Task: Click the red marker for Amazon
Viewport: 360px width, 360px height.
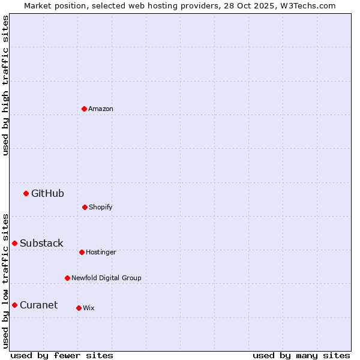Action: pyautogui.click(x=85, y=109)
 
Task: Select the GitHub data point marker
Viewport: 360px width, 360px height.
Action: pyautogui.click(x=26, y=193)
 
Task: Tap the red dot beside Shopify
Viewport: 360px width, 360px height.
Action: pyautogui.click(x=85, y=207)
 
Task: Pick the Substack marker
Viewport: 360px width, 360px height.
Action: pyautogui.click(x=14, y=243)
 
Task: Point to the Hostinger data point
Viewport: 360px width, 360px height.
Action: pyautogui.click(x=82, y=252)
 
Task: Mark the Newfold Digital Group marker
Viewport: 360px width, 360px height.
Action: pyautogui.click(x=67, y=278)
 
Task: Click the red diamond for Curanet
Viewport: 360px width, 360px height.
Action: pyautogui.click(x=14, y=305)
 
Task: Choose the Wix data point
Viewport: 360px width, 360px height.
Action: pyautogui.click(x=79, y=308)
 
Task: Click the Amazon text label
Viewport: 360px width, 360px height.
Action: pyautogui.click(x=101, y=109)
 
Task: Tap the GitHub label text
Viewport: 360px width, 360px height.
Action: pyautogui.click(x=47, y=193)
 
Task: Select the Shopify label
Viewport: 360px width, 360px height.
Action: pyautogui.click(x=101, y=207)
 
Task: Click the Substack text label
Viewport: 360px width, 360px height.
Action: pyautogui.click(x=41, y=243)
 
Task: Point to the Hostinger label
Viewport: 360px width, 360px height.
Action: pyautogui.click(x=101, y=252)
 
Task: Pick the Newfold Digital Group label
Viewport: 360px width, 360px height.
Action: pyautogui.click(x=106, y=278)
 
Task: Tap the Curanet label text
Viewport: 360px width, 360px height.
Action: pyautogui.click(x=38, y=305)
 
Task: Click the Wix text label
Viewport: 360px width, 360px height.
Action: pyautogui.click(x=89, y=308)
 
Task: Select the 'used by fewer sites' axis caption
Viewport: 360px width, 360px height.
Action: pyautogui.click(x=62, y=355)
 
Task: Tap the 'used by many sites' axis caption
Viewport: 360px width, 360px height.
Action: pyautogui.click(x=301, y=355)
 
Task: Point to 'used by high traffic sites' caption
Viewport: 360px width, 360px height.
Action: pyautogui.click(x=5, y=85)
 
